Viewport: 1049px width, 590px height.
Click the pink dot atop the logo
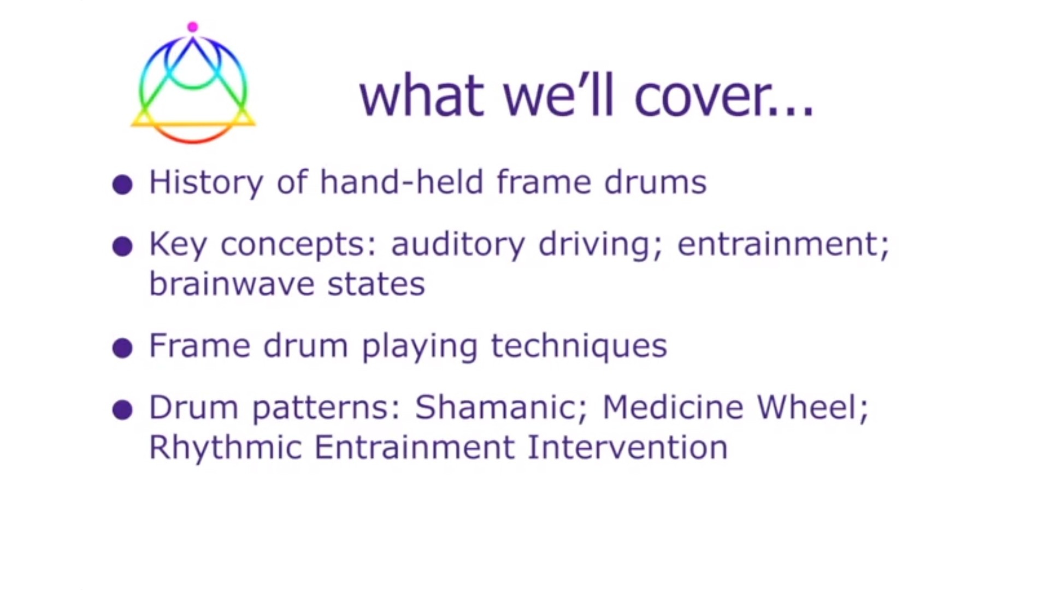point(192,27)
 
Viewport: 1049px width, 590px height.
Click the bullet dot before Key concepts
point(122,246)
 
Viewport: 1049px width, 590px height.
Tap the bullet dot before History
point(122,185)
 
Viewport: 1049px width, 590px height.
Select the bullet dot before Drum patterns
point(122,410)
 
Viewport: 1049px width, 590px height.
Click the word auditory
point(458,245)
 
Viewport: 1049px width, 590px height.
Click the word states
point(376,285)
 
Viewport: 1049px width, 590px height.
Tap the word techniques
point(579,346)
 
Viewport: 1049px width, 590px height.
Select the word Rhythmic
point(225,449)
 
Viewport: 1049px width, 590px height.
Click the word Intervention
point(628,447)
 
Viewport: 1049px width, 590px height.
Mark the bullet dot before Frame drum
point(122,348)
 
